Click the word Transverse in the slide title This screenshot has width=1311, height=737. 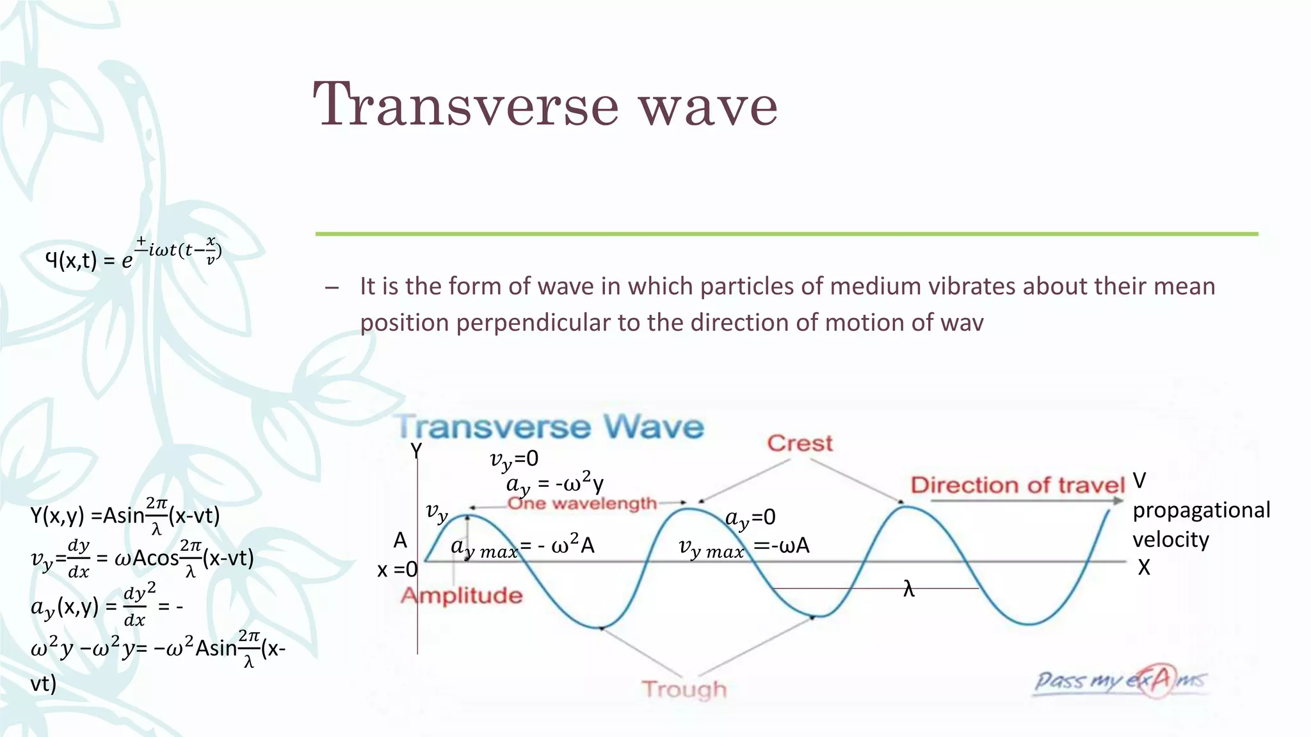point(466,106)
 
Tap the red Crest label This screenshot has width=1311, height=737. point(800,443)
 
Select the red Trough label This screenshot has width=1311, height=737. point(684,689)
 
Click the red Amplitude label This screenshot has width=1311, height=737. point(462,596)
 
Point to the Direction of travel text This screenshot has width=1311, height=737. point(1017,485)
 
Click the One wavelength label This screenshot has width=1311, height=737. point(582,503)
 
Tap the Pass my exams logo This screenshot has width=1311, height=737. point(1120,681)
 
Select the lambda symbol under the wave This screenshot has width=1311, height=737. point(909,589)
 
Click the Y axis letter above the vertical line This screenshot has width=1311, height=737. point(416,451)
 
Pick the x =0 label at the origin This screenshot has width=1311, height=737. point(397,569)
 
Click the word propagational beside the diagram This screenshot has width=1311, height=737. point(1201,510)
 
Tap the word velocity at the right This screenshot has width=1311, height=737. point(1170,539)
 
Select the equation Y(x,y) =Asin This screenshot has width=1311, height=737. point(125,515)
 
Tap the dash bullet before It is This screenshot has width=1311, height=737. point(332,287)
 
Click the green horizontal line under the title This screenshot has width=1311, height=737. point(786,234)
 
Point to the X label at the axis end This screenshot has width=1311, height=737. point(1144,567)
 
